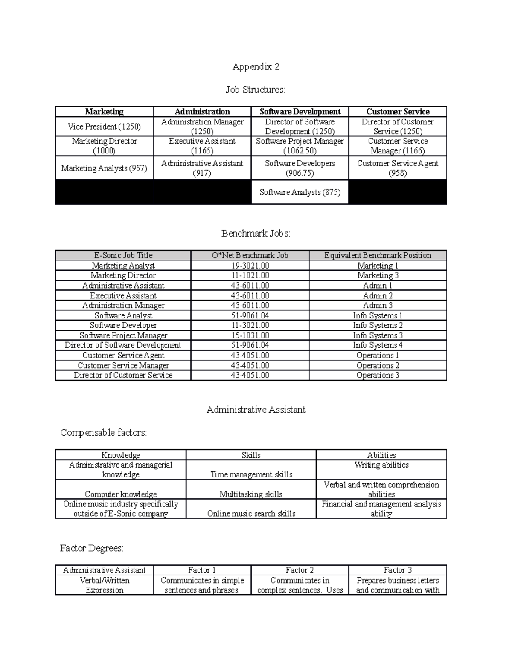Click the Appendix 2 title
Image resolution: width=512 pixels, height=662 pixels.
(256, 66)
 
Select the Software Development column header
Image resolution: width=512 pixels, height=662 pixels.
(300, 112)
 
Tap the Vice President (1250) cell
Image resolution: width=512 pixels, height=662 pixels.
(104, 127)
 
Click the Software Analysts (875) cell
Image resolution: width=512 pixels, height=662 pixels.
(300, 192)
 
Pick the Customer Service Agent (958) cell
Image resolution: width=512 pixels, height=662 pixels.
(398, 168)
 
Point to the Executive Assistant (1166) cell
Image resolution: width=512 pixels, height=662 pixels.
(202, 146)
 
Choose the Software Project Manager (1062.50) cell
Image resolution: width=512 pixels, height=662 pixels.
(300, 146)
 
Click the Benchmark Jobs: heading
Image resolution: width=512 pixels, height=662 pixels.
(256, 234)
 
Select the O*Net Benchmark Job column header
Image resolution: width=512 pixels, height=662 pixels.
(250, 255)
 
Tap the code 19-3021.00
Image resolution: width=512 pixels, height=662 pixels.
(250, 266)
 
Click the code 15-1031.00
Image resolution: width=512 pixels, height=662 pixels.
(250, 335)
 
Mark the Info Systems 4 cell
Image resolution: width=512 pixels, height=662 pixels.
(378, 345)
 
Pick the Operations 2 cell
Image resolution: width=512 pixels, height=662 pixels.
(378, 365)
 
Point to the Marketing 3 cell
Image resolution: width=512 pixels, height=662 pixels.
(378, 275)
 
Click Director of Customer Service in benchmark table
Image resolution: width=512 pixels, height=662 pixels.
(123, 376)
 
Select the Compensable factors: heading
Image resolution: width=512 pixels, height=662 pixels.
(104, 433)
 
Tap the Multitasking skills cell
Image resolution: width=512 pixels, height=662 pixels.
(251, 494)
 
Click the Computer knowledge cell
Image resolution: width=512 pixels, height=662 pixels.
(121, 494)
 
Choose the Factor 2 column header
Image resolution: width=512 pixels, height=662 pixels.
(300, 570)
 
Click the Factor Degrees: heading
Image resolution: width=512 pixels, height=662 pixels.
(92, 548)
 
